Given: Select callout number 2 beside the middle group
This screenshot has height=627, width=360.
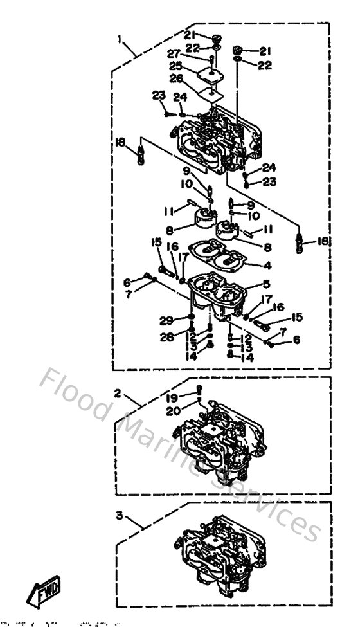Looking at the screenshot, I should [x=118, y=393].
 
